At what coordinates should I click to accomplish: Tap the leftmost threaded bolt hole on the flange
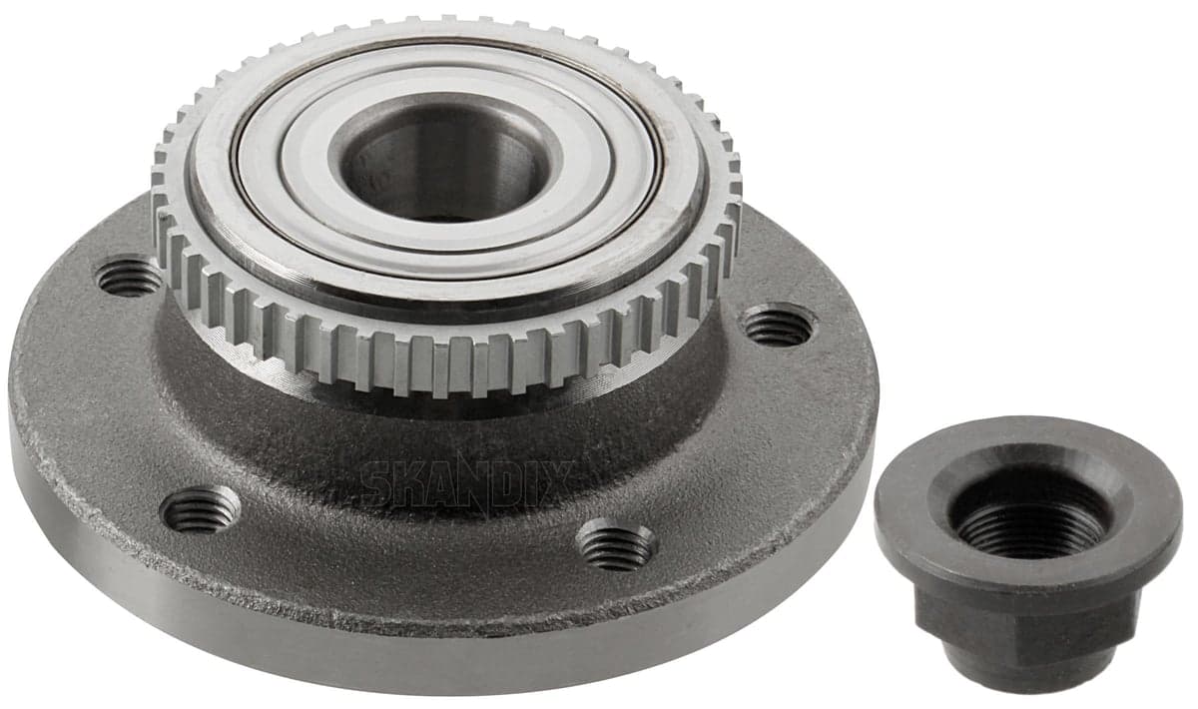(129, 278)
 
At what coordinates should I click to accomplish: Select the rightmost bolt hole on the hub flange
(779, 326)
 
